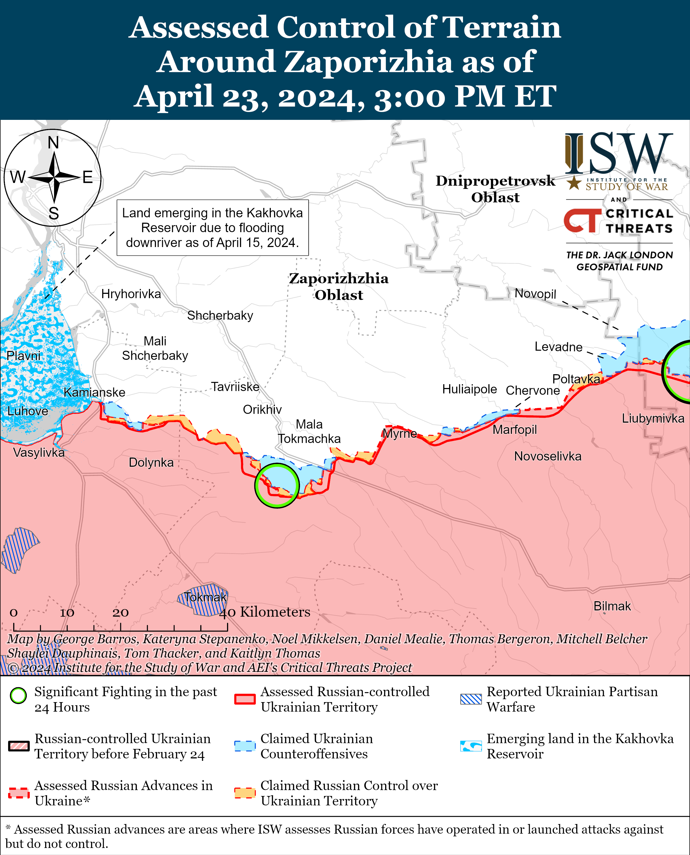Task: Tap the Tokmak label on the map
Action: click(205, 597)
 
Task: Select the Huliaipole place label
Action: click(469, 389)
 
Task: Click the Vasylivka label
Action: click(39, 452)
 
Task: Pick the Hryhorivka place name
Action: click(131, 294)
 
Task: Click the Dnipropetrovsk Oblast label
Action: click(495, 189)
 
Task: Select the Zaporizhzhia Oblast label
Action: click(339, 287)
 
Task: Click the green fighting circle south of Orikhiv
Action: click(277, 485)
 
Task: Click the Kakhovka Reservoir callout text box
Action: click(212, 228)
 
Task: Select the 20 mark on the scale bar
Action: click(121, 612)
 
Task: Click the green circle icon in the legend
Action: click(18, 695)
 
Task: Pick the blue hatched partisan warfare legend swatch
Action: click(471, 699)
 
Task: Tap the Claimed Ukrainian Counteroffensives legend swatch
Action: click(244, 746)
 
